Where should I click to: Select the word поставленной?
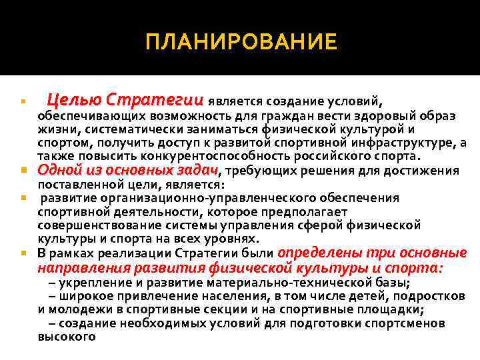point(74,184)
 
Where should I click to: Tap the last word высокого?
point(67,337)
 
